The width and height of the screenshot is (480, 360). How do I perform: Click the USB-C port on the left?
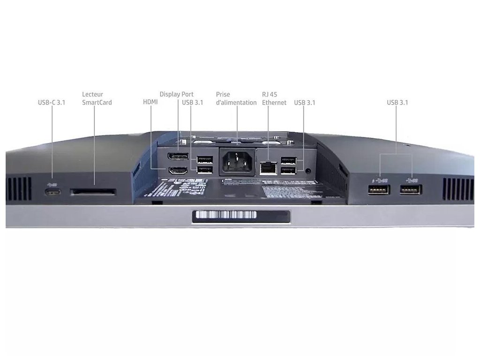coord(52,192)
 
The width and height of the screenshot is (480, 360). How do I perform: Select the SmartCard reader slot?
coord(93,192)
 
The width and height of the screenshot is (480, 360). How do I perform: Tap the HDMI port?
coord(178,171)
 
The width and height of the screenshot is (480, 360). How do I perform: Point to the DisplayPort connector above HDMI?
coord(178,157)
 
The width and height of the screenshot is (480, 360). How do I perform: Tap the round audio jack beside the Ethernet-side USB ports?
coord(307,171)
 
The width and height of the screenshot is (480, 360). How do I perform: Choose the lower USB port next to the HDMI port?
coord(204,171)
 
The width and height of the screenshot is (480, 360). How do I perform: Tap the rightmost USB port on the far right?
coord(411,190)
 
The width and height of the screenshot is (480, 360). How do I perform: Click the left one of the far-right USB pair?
coord(379,190)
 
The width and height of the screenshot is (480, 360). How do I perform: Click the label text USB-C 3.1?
coord(52,102)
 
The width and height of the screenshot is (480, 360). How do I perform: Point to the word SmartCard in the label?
coord(97,102)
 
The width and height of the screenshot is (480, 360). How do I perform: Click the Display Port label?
coord(176,94)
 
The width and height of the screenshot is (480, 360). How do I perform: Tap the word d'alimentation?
coord(236,102)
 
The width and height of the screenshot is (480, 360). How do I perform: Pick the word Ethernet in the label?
coord(274,102)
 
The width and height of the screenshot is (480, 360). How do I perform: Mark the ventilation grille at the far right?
coord(457,189)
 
